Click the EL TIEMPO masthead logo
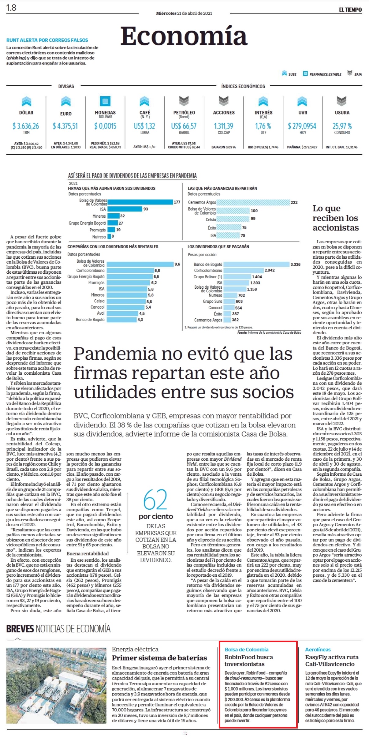coord(350,10)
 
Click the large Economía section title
coord(184,36)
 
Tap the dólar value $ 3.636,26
coord(26,126)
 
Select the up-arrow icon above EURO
coord(66,101)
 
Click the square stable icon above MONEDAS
coord(105,101)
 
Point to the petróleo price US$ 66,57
coord(184,126)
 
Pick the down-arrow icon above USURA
coord(341,101)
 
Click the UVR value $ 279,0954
coord(302,126)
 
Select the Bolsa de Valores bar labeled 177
coord(140,202)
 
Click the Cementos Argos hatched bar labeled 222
coord(253,202)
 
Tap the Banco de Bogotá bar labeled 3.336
coord(256,264)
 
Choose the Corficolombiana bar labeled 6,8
coord(130,271)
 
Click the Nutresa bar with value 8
coord(109,236)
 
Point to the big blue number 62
coord(155,499)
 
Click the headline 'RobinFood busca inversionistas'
coord(249,660)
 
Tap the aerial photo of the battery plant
coord(56,685)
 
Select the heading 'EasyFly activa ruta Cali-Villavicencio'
coord(332,660)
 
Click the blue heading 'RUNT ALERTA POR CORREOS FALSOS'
coord(47,40)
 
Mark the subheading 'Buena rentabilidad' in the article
coord(88,553)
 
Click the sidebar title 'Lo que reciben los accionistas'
coord(336,218)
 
